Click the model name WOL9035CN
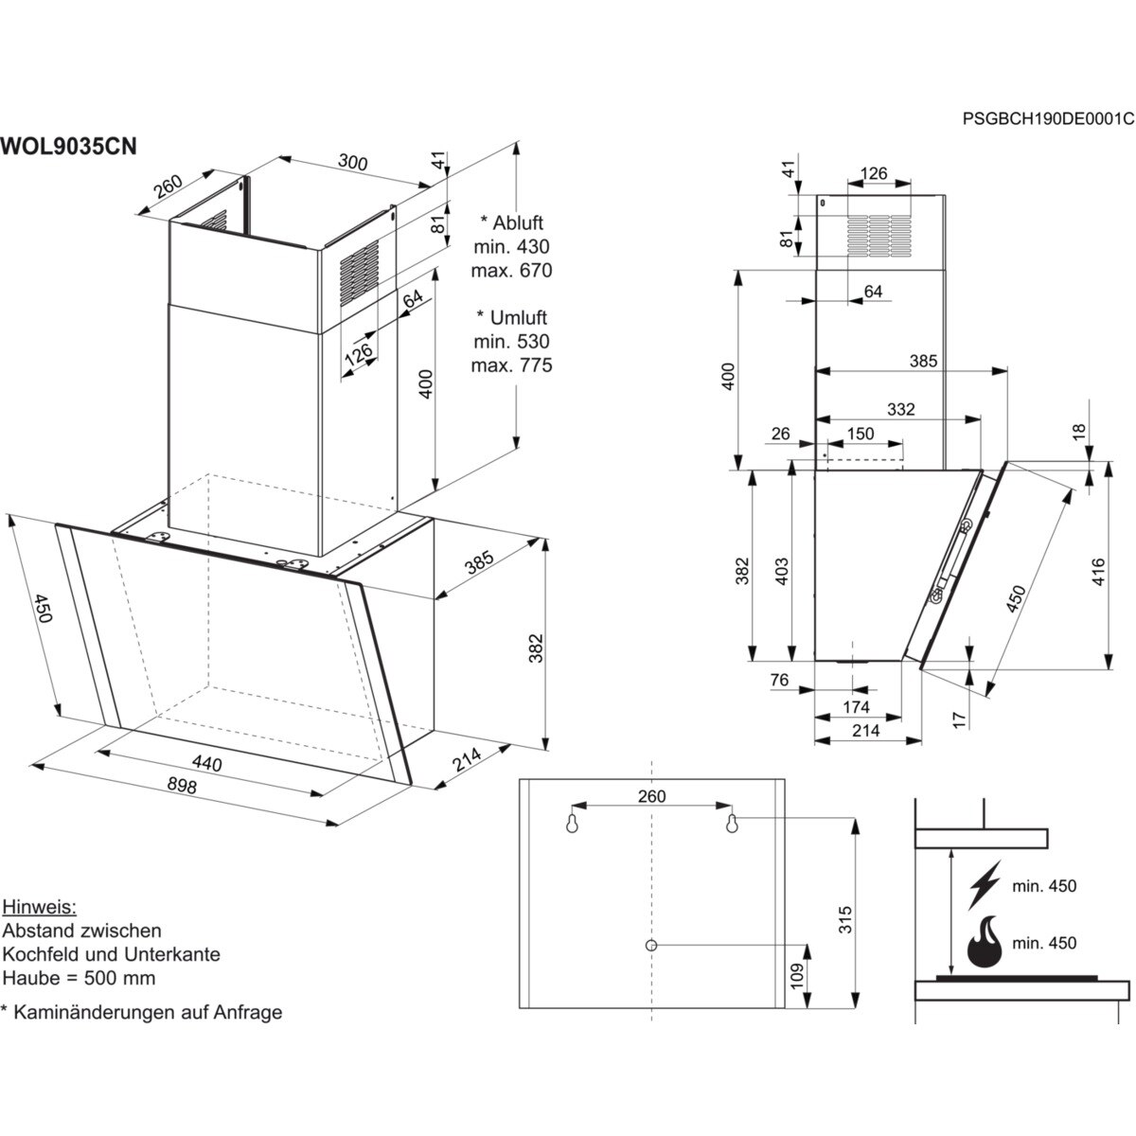(x=69, y=146)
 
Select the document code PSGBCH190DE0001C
(x=1047, y=118)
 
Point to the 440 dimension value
(x=206, y=763)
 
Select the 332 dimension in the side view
(x=901, y=409)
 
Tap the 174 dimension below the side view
(x=856, y=707)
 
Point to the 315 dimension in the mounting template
(x=845, y=919)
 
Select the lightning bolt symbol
(x=985, y=884)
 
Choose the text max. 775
(x=511, y=365)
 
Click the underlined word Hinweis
(x=39, y=906)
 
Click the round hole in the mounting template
(x=652, y=945)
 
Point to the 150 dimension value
(x=860, y=434)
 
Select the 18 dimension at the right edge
(x=1079, y=433)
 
